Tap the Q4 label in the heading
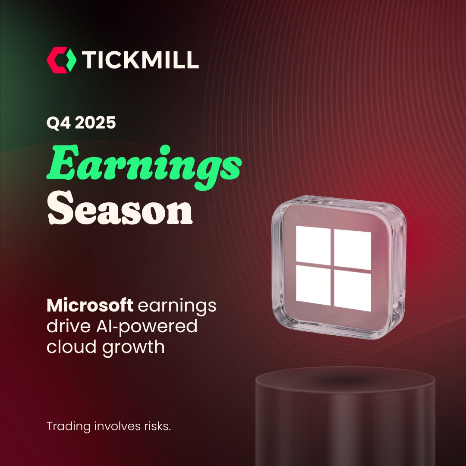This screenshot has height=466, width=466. click(x=57, y=123)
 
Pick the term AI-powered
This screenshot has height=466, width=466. click(x=145, y=327)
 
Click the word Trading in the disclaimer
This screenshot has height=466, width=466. click(x=69, y=427)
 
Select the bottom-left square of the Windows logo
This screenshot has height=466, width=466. click(x=313, y=285)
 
